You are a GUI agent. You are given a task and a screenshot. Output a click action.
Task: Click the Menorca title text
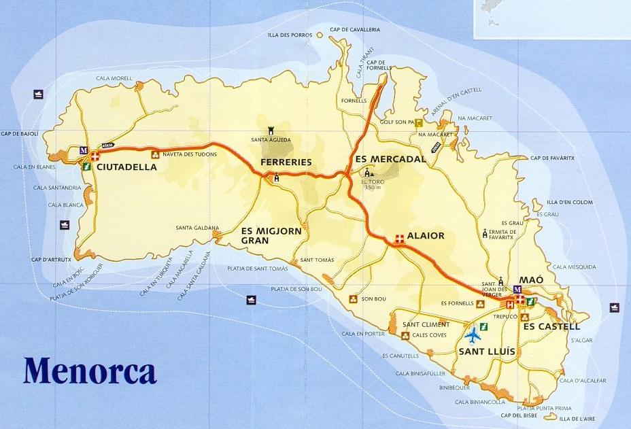90,371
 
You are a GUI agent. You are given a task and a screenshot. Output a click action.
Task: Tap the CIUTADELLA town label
126,165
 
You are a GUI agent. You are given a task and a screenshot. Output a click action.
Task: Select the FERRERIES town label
286,162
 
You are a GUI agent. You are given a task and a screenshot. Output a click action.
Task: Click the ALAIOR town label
426,236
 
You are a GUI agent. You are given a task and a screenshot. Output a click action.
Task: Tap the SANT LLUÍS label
487,351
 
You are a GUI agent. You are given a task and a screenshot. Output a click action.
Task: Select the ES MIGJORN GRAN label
271,235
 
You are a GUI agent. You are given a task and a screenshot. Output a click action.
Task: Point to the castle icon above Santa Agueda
271,128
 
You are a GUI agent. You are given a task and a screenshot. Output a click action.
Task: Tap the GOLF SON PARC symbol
419,123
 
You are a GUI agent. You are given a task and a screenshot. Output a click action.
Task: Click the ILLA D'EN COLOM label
570,202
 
